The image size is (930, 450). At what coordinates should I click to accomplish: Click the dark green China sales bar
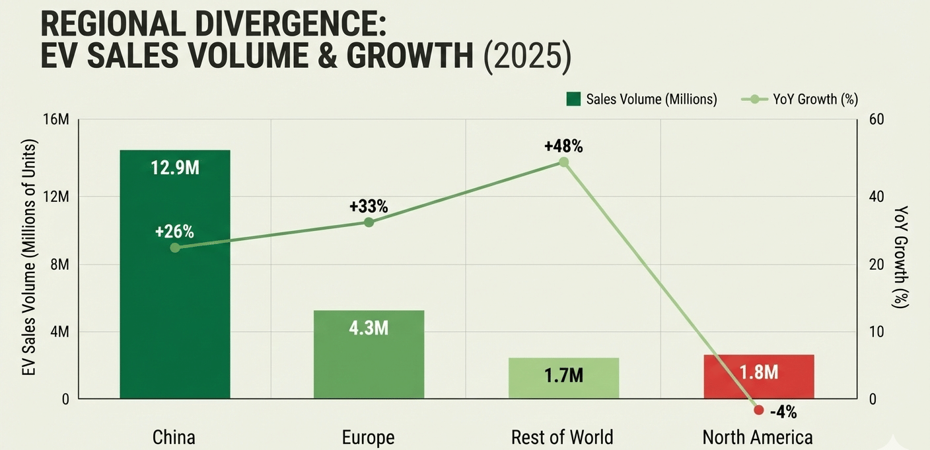175,310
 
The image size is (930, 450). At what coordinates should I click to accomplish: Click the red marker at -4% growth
759,410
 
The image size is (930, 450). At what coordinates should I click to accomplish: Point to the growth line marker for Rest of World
563,162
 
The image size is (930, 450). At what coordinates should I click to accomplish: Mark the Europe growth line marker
369,222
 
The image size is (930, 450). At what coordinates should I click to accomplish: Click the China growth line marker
175,247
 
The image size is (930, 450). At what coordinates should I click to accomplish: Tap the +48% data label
563,146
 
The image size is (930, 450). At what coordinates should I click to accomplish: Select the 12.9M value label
175,168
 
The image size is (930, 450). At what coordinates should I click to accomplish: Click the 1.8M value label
758,372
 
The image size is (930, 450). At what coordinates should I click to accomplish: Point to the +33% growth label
369,207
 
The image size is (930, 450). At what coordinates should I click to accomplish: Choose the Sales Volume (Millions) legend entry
641,99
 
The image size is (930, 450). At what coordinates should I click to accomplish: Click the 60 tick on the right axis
876,119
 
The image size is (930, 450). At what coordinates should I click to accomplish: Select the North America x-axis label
758,437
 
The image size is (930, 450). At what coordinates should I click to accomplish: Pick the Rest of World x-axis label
562,437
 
